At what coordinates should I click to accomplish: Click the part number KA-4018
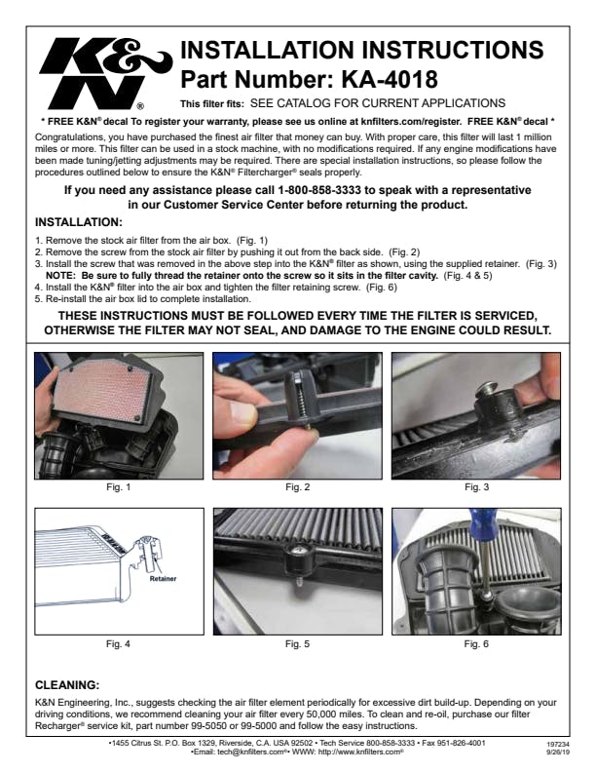pos(389,79)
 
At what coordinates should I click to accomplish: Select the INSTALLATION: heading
pos(79,222)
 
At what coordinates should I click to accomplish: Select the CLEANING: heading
pos(67,685)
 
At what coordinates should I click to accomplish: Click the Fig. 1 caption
pos(119,487)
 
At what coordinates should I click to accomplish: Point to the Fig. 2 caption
pos(297,487)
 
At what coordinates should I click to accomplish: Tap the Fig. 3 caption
pos(476,487)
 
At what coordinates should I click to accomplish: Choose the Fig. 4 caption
pos(119,643)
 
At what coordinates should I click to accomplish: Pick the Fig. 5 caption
pos(297,643)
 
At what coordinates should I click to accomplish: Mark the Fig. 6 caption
pos(476,643)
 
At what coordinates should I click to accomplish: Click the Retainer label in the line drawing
pos(163,578)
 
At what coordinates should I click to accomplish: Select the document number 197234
pos(555,745)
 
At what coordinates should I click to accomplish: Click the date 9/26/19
pos(556,753)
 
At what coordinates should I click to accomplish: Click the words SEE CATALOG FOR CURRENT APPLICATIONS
pos(378,103)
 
